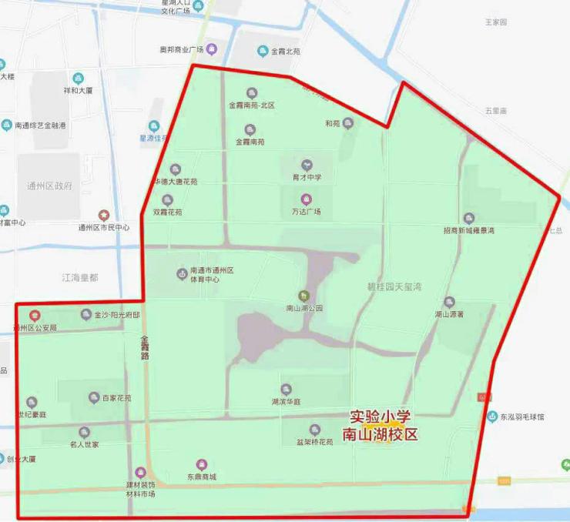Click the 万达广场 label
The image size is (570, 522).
tap(307, 211)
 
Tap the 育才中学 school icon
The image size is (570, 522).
tap(307, 165)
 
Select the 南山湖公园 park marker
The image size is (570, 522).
tap(303, 296)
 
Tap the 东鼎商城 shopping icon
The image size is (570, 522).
tap(202, 464)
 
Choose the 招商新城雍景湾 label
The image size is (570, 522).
tap(469, 229)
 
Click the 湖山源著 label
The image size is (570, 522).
tap(449, 314)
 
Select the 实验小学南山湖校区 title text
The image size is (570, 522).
tap(384, 425)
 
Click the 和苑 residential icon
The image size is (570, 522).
tap(348, 122)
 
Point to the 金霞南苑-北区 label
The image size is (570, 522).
tap(252, 105)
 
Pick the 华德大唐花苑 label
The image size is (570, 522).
tap(175, 182)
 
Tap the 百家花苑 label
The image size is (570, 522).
tap(117, 399)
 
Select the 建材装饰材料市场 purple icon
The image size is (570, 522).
tap(140, 472)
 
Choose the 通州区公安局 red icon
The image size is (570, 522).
tap(35, 315)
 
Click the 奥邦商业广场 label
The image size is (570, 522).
tap(181, 49)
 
